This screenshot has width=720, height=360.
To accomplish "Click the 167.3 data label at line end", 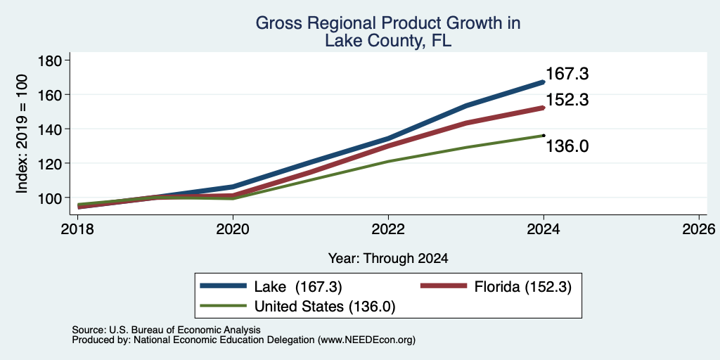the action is tap(567, 74).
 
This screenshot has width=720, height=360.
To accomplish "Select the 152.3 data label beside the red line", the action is tap(567, 100).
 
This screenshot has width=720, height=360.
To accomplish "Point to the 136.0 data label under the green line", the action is tap(567, 146).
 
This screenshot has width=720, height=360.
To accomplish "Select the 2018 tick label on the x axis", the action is tap(78, 229).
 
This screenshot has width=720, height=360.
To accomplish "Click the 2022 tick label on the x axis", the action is tap(388, 229).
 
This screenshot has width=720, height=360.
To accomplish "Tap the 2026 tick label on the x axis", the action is tap(699, 229).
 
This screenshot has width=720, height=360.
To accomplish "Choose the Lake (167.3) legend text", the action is tap(298, 287).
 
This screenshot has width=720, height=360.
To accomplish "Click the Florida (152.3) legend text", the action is tap(523, 287).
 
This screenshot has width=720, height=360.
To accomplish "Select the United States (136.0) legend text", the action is tap(324, 307).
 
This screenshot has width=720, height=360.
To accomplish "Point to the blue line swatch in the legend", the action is tap(223, 286).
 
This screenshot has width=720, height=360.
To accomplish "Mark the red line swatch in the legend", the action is tap(444, 286).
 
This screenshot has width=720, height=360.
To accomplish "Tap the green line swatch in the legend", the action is tap(223, 305).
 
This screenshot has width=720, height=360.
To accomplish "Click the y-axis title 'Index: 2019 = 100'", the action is tap(22, 134).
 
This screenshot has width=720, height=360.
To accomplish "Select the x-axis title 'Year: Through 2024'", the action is tap(388, 259).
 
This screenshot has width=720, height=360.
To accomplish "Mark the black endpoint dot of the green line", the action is tap(544, 136).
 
